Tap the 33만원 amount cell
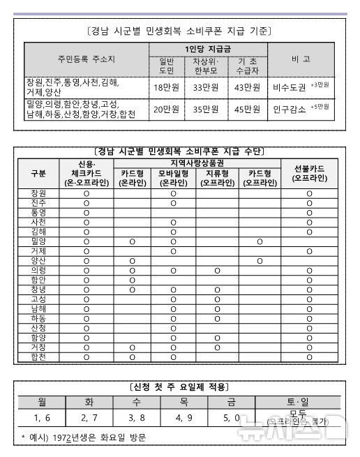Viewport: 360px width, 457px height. (207, 87)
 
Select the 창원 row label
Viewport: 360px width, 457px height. (39, 193)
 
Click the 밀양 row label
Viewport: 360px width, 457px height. (39, 241)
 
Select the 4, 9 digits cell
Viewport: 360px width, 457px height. (183, 418)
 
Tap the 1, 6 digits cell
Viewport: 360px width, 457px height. (42, 418)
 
